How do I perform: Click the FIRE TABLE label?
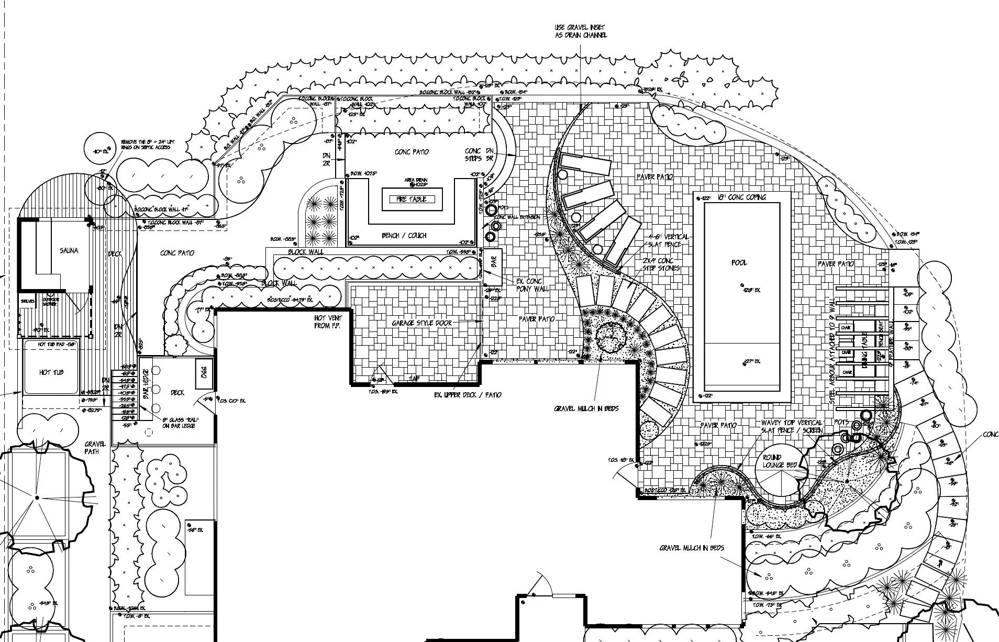412,199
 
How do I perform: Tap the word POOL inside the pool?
739,262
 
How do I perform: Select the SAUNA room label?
69,251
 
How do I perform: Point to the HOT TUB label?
51,372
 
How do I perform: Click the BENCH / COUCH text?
404,236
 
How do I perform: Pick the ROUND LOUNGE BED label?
779,461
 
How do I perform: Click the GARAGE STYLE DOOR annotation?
421,323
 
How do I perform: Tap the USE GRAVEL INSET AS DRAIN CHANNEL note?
581,31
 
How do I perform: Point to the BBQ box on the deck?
204,373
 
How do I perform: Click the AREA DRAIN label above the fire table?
416,180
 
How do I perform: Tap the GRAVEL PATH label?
95,448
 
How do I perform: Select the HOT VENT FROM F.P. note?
328,322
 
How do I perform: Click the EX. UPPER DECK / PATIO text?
468,394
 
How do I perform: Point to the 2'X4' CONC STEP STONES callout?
661,264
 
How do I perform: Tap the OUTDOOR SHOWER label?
50,302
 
